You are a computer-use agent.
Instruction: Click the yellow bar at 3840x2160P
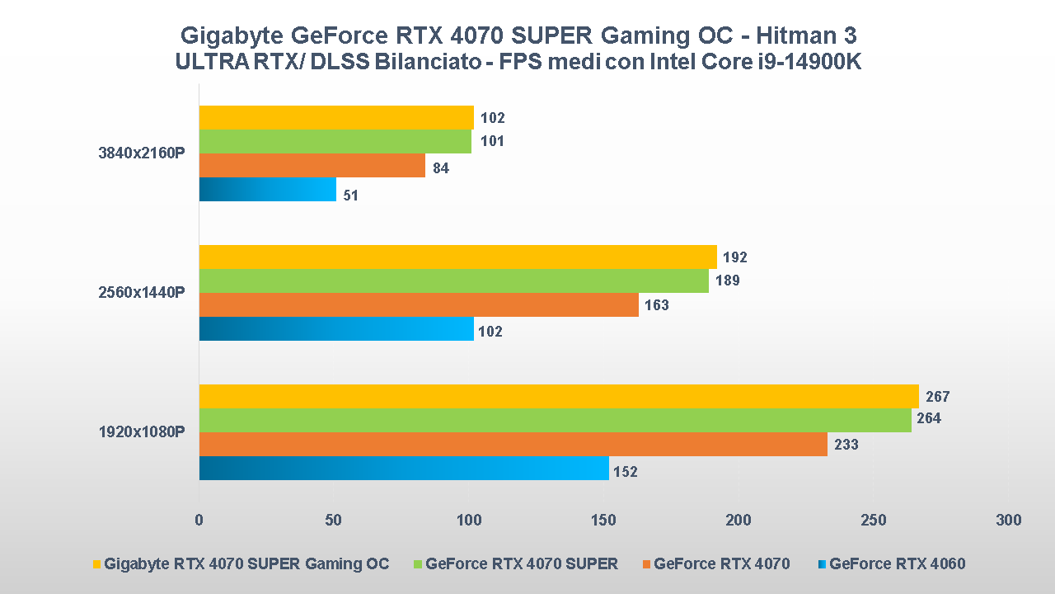click(x=336, y=118)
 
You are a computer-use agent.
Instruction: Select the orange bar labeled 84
click(x=312, y=166)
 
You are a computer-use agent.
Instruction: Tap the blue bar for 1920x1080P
click(x=404, y=469)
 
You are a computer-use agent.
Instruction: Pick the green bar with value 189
click(x=453, y=281)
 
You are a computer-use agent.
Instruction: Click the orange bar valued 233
click(x=513, y=445)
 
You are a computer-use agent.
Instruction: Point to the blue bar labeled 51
click(x=268, y=190)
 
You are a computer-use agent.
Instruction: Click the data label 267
click(x=938, y=397)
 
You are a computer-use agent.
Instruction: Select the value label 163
click(x=657, y=305)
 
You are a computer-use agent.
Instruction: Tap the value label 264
click(x=929, y=418)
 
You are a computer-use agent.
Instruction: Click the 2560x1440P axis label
click(x=141, y=293)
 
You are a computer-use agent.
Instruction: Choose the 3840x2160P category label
click(x=141, y=153)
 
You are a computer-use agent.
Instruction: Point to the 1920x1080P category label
click(x=141, y=432)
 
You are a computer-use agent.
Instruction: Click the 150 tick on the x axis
click(x=603, y=521)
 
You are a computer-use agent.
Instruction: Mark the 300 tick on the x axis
click(x=1008, y=521)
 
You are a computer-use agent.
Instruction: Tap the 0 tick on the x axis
click(x=199, y=521)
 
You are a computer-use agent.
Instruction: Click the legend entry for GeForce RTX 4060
click(x=897, y=564)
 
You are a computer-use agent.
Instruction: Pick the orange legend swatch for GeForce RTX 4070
click(x=646, y=564)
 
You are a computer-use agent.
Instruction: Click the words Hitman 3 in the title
click(x=804, y=35)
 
